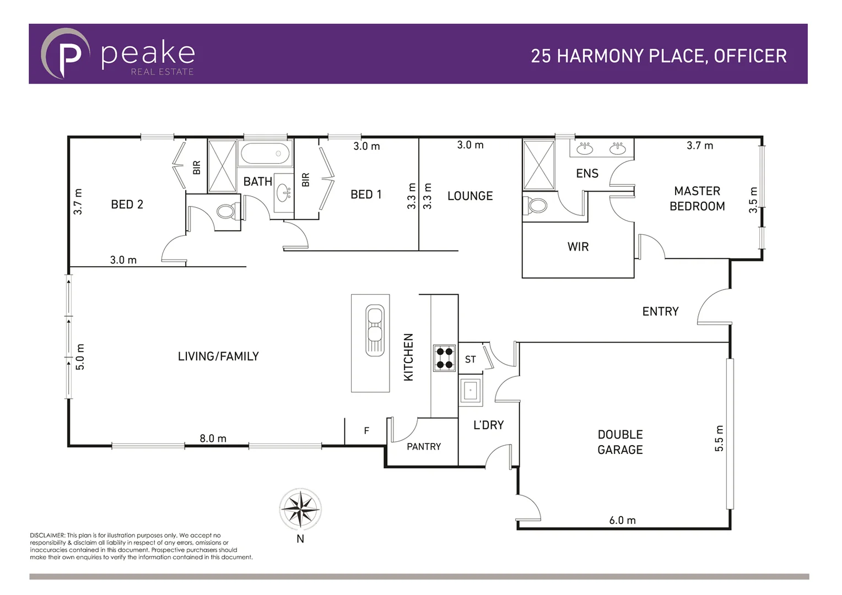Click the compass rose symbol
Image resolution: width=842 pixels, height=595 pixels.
(x=300, y=509)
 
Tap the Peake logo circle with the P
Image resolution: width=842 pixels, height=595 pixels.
(x=65, y=54)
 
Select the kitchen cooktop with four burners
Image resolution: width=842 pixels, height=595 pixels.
(x=444, y=358)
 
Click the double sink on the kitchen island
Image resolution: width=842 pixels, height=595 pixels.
(x=375, y=331)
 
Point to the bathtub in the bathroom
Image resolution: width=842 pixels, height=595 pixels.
(x=266, y=154)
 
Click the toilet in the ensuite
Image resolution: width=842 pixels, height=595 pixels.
(x=536, y=205)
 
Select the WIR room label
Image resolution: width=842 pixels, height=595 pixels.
(x=578, y=247)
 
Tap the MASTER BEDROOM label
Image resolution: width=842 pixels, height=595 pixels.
(x=697, y=198)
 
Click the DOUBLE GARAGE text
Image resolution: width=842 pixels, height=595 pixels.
(x=620, y=442)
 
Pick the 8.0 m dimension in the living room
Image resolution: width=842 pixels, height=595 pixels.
(x=213, y=439)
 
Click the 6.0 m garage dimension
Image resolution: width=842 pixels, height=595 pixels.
(x=622, y=520)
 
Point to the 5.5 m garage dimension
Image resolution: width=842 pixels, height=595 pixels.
(x=719, y=439)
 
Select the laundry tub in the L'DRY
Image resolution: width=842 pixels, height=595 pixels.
(x=471, y=391)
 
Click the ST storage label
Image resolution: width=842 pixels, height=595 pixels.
(x=470, y=360)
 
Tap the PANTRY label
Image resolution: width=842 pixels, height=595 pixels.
(x=424, y=446)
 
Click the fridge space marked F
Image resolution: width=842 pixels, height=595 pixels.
(x=366, y=431)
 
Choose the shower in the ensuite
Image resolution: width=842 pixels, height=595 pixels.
(x=538, y=165)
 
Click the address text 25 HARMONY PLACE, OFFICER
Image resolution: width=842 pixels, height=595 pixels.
(x=659, y=56)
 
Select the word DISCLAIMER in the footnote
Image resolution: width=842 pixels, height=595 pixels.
(x=47, y=535)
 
